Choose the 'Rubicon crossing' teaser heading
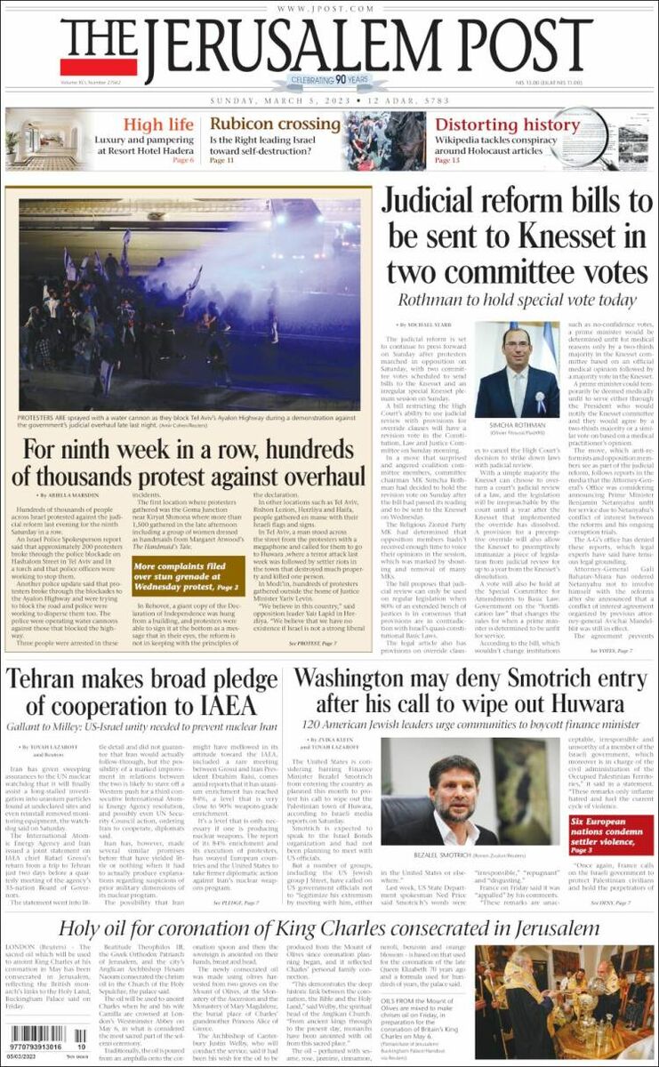(x=274, y=124)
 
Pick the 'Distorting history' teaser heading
(x=506, y=124)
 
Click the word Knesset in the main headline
(x=574, y=237)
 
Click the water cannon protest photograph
(x=189, y=302)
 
